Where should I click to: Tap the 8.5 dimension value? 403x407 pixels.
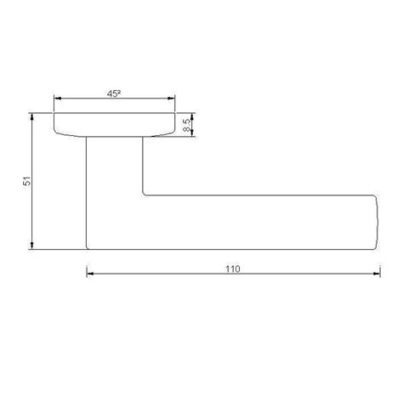pyautogui.click(x=186, y=125)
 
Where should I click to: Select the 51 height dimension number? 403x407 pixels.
pyautogui.click(x=27, y=181)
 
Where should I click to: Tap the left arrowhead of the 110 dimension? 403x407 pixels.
pyautogui.click(x=90, y=274)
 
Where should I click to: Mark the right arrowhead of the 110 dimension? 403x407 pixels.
pyautogui.click(x=375, y=274)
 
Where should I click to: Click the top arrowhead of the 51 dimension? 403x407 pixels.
pyautogui.click(x=31, y=116)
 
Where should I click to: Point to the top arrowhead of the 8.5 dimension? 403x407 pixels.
pyautogui.click(x=195, y=116)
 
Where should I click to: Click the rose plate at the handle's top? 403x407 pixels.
pyautogui.click(x=114, y=124)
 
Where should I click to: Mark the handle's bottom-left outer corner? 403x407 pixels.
pyautogui.click(x=88, y=248)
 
